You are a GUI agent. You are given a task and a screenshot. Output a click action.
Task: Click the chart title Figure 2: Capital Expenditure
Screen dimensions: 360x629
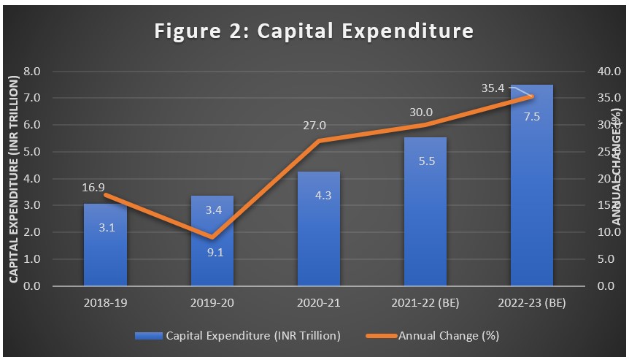(314, 31)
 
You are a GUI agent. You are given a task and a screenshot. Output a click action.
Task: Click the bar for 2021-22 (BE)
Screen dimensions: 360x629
(425, 219)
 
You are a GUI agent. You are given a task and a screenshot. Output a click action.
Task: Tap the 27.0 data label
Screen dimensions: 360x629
(315, 126)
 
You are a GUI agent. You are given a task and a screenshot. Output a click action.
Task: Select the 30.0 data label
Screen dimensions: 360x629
(421, 112)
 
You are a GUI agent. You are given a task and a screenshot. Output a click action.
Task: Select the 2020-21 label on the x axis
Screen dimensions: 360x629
(319, 302)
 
